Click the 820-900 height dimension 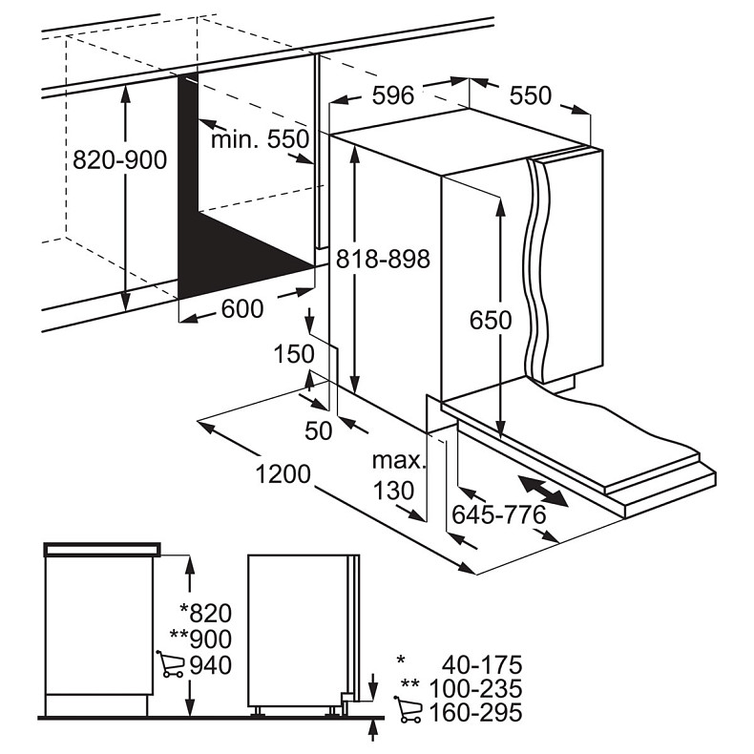(119, 159)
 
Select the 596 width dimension (393, 95)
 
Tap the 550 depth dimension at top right (530, 95)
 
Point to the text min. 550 (261, 139)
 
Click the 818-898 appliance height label (383, 260)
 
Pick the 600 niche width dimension (242, 308)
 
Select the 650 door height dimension (491, 321)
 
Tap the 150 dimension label (294, 354)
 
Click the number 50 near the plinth (319, 430)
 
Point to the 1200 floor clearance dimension (283, 474)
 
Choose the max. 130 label (399, 475)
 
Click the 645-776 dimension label (499, 515)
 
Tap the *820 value (206, 614)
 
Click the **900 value (201, 639)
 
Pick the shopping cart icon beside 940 (170, 664)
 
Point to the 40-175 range (482, 665)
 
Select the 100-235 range (475, 688)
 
